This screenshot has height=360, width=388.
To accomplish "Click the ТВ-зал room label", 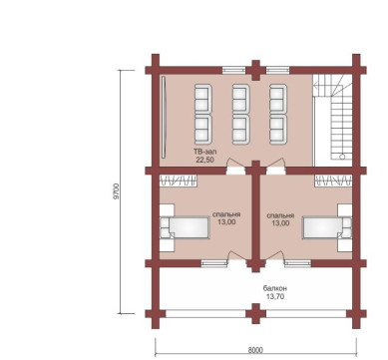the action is point(205,152).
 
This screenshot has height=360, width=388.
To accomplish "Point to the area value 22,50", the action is point(205,160).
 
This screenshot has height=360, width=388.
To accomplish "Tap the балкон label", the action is point(275,288).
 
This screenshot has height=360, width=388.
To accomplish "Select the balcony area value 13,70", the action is point(275,296).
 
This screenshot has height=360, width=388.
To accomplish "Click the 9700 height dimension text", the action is point(116,191).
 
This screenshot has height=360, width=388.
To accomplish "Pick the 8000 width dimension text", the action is point(255,350).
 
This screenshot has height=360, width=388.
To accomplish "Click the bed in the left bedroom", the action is point(185,227).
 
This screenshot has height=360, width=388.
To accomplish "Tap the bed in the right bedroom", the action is point(327,227).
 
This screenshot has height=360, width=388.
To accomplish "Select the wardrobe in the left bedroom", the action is point(179,180).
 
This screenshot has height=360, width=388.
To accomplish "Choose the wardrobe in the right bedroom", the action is point(333,180).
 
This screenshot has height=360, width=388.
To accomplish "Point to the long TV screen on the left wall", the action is point(164,117).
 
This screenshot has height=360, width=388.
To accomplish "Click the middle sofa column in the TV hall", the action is point(241,115).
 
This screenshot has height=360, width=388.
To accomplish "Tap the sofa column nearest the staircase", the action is point(278,115).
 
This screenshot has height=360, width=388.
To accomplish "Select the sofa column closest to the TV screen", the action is point(203,115).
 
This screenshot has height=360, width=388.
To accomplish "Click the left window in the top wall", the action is point(233,70).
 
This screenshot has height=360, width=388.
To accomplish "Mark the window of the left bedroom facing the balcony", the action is point(214,263).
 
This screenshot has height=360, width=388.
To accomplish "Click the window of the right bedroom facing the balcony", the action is point(298,263).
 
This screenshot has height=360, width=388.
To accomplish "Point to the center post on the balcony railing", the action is point(255,313).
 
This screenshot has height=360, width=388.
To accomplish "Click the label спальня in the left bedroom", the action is point(226,214).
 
